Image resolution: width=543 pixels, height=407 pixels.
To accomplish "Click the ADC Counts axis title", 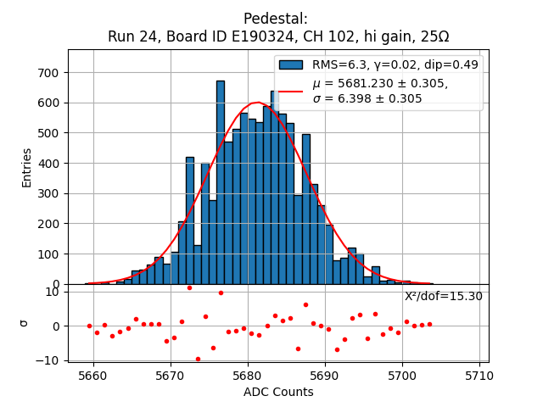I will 278,392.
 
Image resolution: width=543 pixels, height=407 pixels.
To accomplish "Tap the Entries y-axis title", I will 26,167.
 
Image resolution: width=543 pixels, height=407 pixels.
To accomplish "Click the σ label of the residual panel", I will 24,323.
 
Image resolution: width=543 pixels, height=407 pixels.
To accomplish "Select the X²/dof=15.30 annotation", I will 443,296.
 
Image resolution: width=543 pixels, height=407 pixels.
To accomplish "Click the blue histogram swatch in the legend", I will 291,64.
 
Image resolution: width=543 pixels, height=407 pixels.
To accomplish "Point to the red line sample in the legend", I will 291,91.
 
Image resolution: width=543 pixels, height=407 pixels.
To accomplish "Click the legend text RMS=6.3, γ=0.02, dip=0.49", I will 395,64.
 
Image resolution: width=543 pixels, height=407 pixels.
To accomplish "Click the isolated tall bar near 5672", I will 189,220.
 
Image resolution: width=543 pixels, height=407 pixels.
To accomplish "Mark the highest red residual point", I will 189,287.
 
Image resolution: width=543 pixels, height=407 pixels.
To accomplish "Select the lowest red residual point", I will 198,359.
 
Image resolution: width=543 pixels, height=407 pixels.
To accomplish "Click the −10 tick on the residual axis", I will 52,360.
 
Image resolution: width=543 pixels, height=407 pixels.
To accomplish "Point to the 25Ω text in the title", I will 432,36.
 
